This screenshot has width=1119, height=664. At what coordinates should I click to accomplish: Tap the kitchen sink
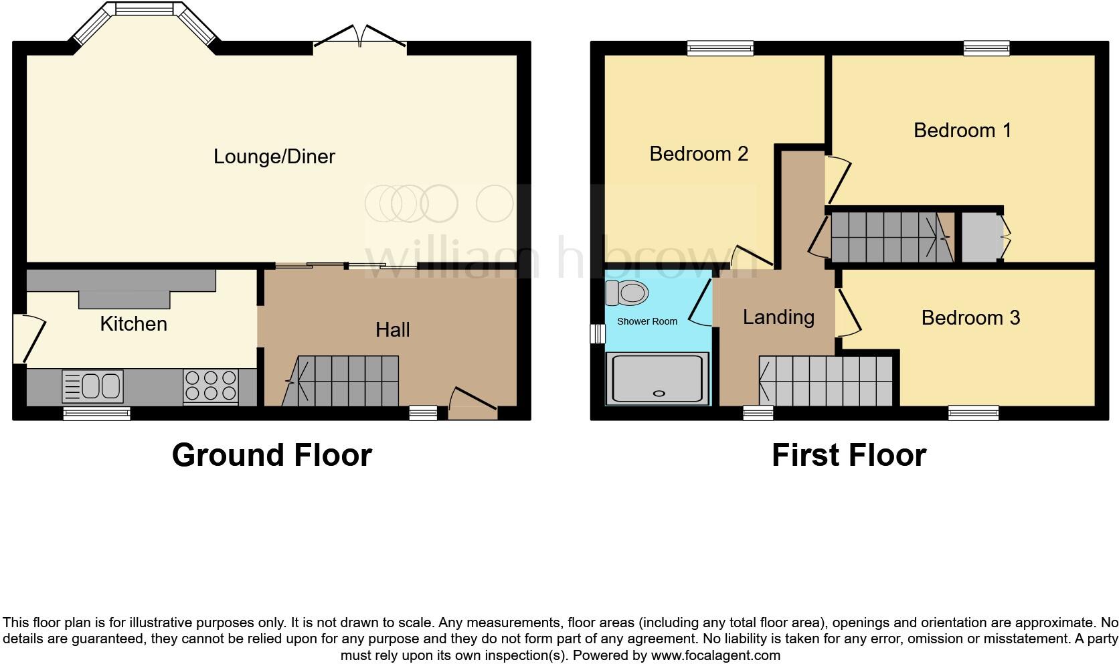click(93, 387)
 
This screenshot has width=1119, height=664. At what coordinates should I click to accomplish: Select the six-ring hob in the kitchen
click(211, 386)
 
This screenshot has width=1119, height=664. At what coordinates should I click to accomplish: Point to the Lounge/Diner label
click(274, 157)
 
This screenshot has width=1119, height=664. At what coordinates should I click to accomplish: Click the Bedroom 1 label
click(962, 130)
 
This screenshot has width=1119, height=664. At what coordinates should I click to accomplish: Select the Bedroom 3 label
click(970, 317)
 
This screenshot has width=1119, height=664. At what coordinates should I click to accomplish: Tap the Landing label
click(778, 317)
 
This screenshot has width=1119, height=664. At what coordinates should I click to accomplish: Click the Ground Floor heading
click(272, 455)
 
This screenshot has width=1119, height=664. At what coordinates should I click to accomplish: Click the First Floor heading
click(849, 455)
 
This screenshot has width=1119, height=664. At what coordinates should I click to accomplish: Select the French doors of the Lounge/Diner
click(360, 37)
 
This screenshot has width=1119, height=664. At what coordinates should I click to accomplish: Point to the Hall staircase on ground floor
click(341, 381)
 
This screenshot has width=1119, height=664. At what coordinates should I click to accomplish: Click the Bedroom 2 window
click(721, 48)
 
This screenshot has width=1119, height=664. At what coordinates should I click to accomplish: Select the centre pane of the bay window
click(145, 9)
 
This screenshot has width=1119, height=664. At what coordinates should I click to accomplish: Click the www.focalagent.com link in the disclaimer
click(715, 655)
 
